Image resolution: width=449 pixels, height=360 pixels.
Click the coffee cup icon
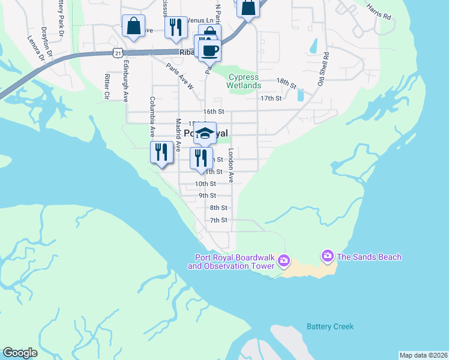click(210, 50)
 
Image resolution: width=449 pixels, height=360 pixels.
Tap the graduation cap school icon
click(205, 133)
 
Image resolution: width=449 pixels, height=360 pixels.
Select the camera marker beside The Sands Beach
click(327, 256)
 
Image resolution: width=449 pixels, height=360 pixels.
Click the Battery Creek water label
click(330, 327)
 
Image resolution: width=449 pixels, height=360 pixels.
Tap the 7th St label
click(218, 220)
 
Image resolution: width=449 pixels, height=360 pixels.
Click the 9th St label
click(207, 196)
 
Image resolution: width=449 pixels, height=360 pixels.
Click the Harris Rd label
click(379, 13)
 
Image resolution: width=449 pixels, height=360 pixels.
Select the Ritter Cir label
click(106, 85)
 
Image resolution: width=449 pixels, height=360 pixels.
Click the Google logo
click(20, 353)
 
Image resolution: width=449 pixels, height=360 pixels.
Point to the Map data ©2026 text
click(423, 355)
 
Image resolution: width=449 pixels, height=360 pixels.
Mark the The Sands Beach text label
click(369, 257)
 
